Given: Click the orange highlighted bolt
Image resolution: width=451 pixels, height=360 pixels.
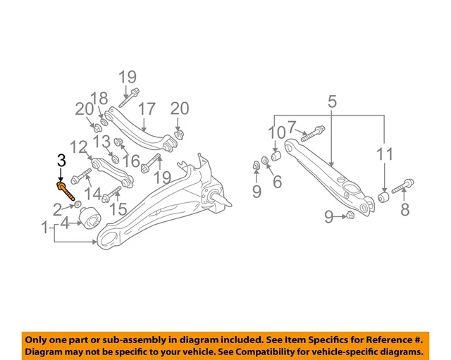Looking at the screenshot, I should [65, 190].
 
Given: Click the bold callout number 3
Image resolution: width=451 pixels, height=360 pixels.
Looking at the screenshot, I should [61, 161].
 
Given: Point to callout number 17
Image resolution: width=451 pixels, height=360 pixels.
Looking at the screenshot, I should [146, 109].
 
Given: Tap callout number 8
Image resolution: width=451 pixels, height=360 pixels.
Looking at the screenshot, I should [404, 209].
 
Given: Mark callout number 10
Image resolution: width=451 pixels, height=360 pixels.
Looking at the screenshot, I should [276, 132].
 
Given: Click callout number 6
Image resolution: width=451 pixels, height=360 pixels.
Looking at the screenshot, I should [277, 182].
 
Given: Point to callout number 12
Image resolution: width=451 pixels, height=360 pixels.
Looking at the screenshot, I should [79, 147].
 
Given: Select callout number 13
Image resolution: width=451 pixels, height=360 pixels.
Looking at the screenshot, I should [102, 143].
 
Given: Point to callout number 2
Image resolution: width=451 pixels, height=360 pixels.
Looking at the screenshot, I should [57, 209].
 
